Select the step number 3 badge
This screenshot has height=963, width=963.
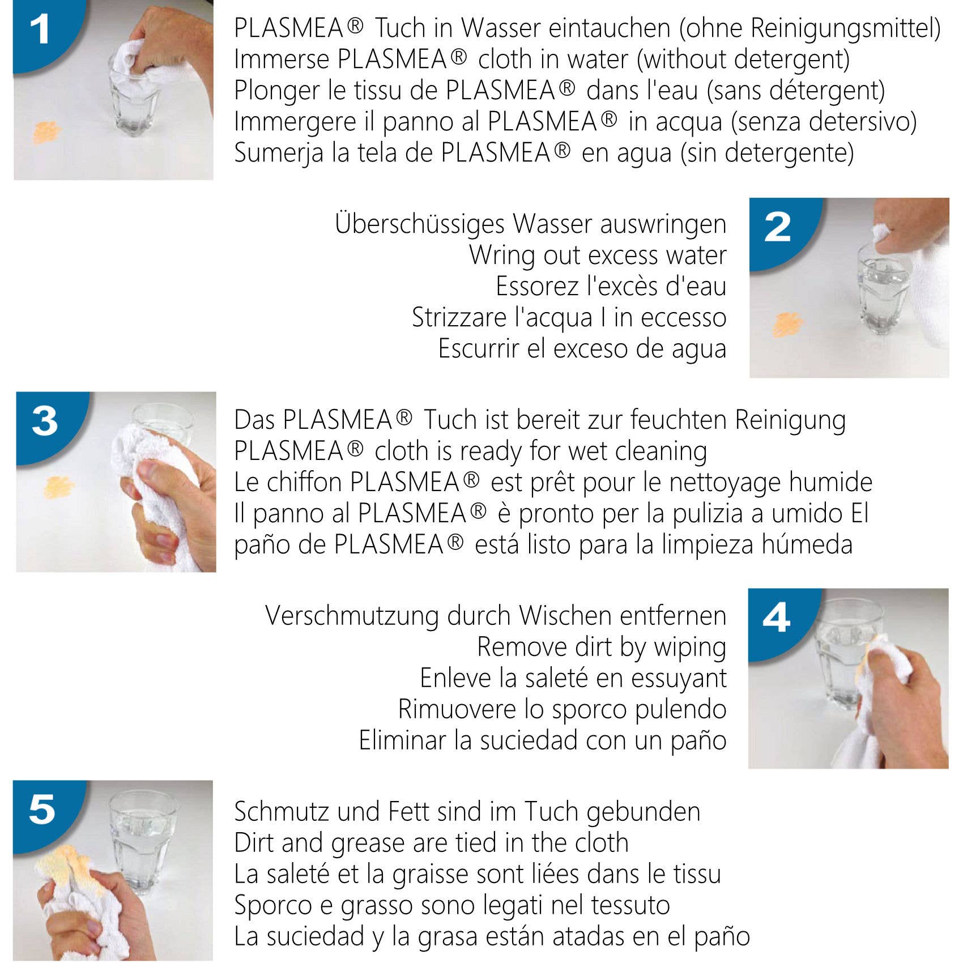coord(45,422)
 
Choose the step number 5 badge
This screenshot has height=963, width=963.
coord(42,810)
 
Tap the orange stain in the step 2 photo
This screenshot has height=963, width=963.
coord(787,325)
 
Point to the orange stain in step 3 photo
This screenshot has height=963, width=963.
coord(59,487)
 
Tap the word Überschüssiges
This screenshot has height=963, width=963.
coord(420,224)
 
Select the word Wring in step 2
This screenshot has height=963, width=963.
coord(502,255)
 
